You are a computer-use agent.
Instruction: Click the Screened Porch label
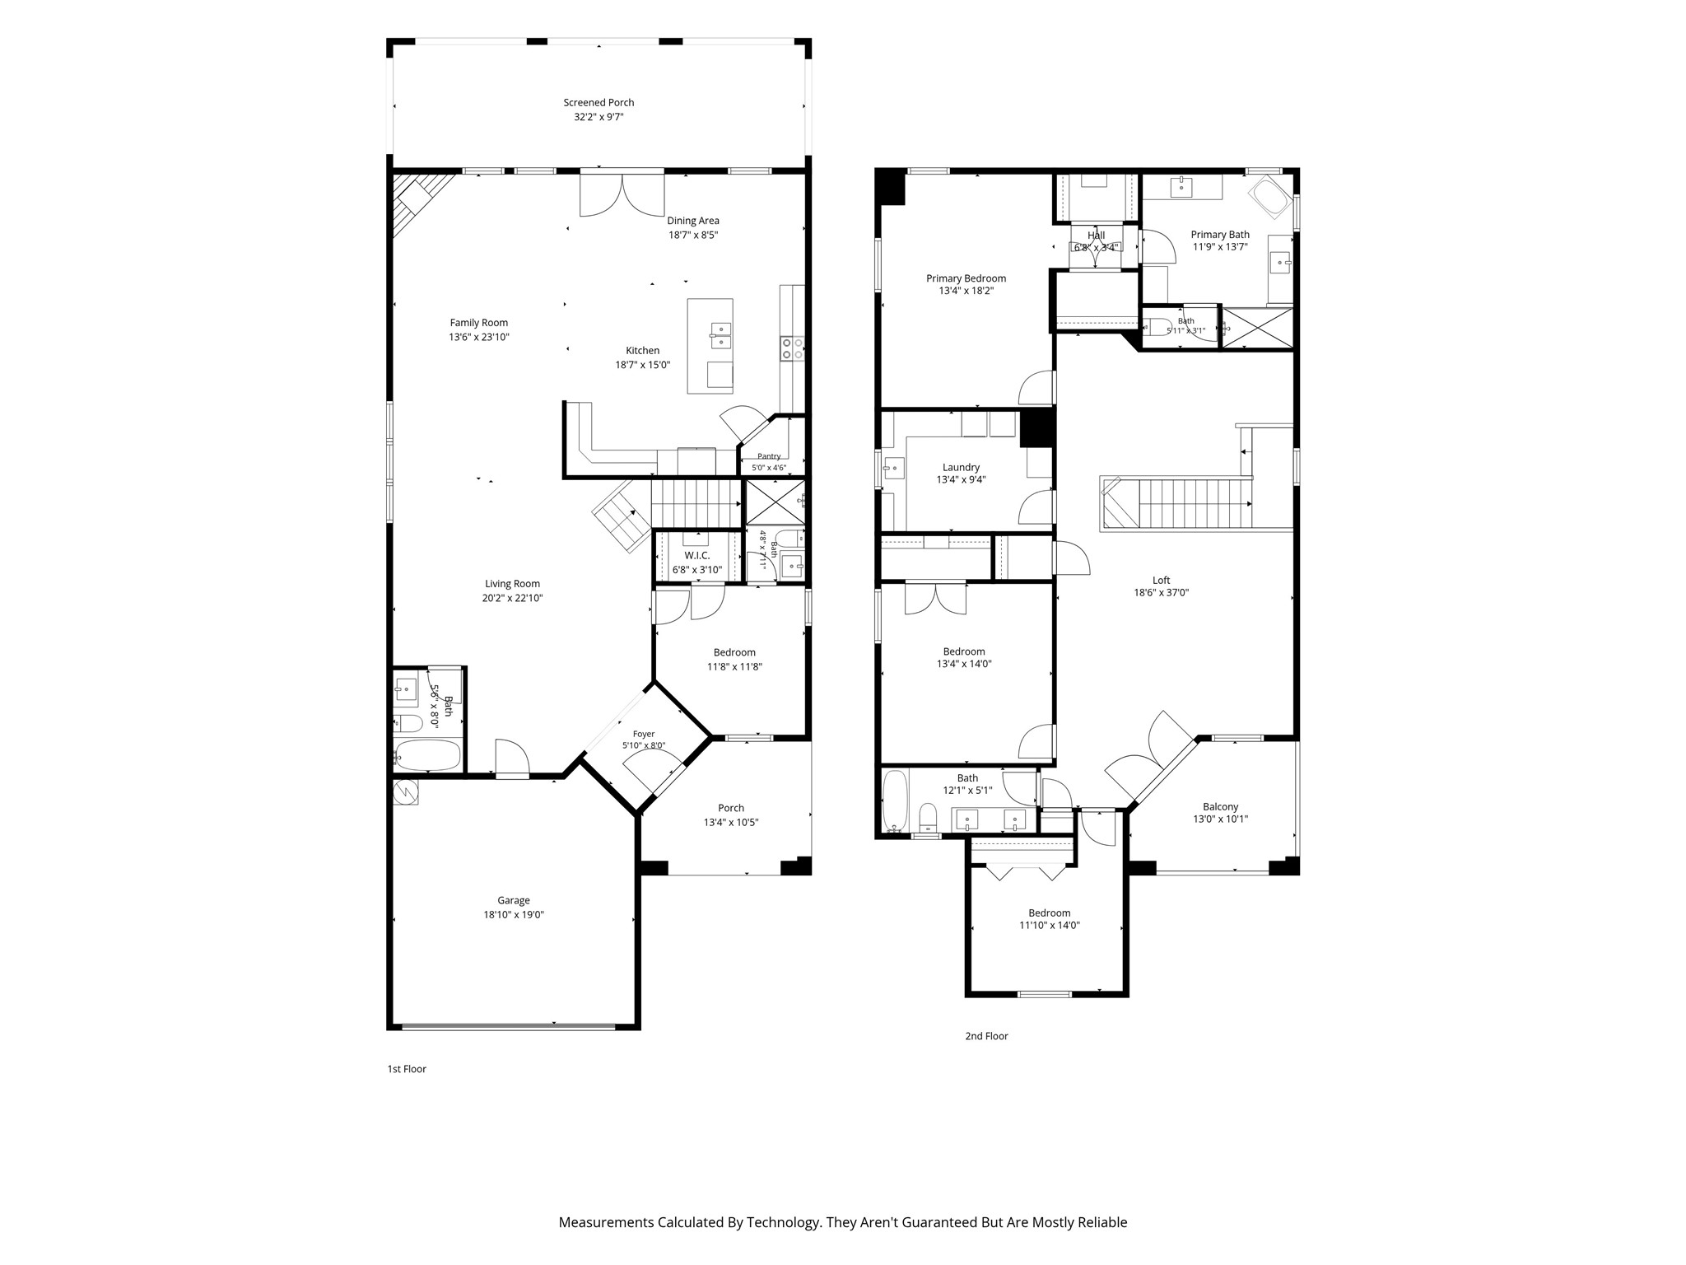point(598,103)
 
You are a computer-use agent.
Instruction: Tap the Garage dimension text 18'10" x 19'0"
point(514,915)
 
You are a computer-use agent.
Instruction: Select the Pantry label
point(769,456)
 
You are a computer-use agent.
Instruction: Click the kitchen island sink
point(720,332)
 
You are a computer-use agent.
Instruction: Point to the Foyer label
point(644,734)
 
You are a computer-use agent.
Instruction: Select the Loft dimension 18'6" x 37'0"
point(1162,593)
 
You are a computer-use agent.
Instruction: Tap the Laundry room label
point(962,468)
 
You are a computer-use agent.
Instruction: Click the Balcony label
point(1221,807)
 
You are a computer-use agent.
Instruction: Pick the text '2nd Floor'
point(986,1036)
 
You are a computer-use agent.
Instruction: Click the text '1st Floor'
point(407,1069)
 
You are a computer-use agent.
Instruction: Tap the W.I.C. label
point(697,556)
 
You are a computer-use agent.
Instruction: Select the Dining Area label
point(693,221)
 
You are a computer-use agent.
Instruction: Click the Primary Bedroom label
point(966,278)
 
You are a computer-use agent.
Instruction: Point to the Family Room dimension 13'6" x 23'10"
point(479,337)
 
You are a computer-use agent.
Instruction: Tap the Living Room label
point(512,584)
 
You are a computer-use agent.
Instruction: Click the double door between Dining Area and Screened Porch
point(622,194)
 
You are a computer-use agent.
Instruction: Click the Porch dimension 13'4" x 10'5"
point(731,822)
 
